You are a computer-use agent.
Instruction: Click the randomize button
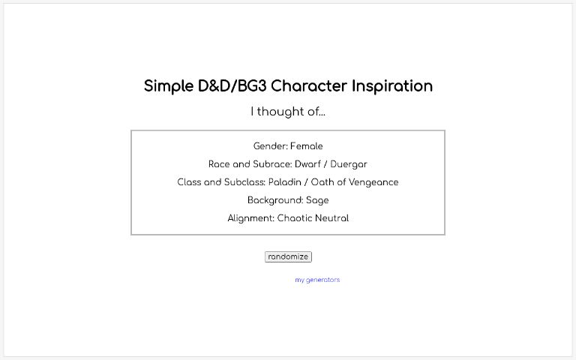[288, 256]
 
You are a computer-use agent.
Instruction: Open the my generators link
[317, 280]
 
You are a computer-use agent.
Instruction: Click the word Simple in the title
[168, 86]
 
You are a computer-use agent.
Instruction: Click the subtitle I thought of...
[288, 112]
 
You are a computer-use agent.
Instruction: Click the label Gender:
[270, 146]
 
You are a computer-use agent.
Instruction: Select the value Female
[306, 146]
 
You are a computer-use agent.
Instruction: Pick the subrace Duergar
[350, 164]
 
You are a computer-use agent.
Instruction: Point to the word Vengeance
[373, 182]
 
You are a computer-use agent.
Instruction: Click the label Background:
[275, 200]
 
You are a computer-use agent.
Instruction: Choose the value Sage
[317, 200]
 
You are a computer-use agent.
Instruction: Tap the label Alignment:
[251, 218]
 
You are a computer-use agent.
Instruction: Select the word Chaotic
[295, 218]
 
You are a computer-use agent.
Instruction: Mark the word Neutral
[332, 218]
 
